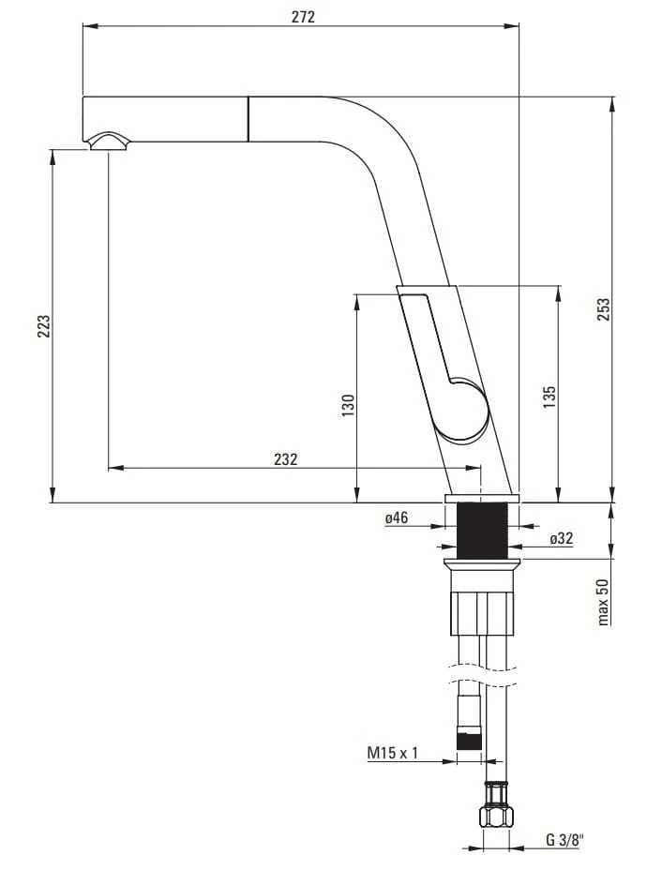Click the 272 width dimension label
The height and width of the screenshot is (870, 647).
[x=303, y=17]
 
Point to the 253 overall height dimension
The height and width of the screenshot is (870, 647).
[x=603, y=309]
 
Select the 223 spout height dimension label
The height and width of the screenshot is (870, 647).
[x=43, y=326]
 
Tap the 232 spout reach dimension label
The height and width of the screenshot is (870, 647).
[x=285, y=458]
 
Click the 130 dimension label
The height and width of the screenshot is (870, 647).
[x=347, y=405]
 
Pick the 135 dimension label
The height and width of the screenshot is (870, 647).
[x=549, y=397]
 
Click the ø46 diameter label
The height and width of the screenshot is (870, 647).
[x=397, y=517]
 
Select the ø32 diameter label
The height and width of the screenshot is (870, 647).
[x=562, y=537]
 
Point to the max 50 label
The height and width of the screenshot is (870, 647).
[x=603, y=602]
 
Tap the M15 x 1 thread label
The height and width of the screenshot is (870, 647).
[x=392, y=753]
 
